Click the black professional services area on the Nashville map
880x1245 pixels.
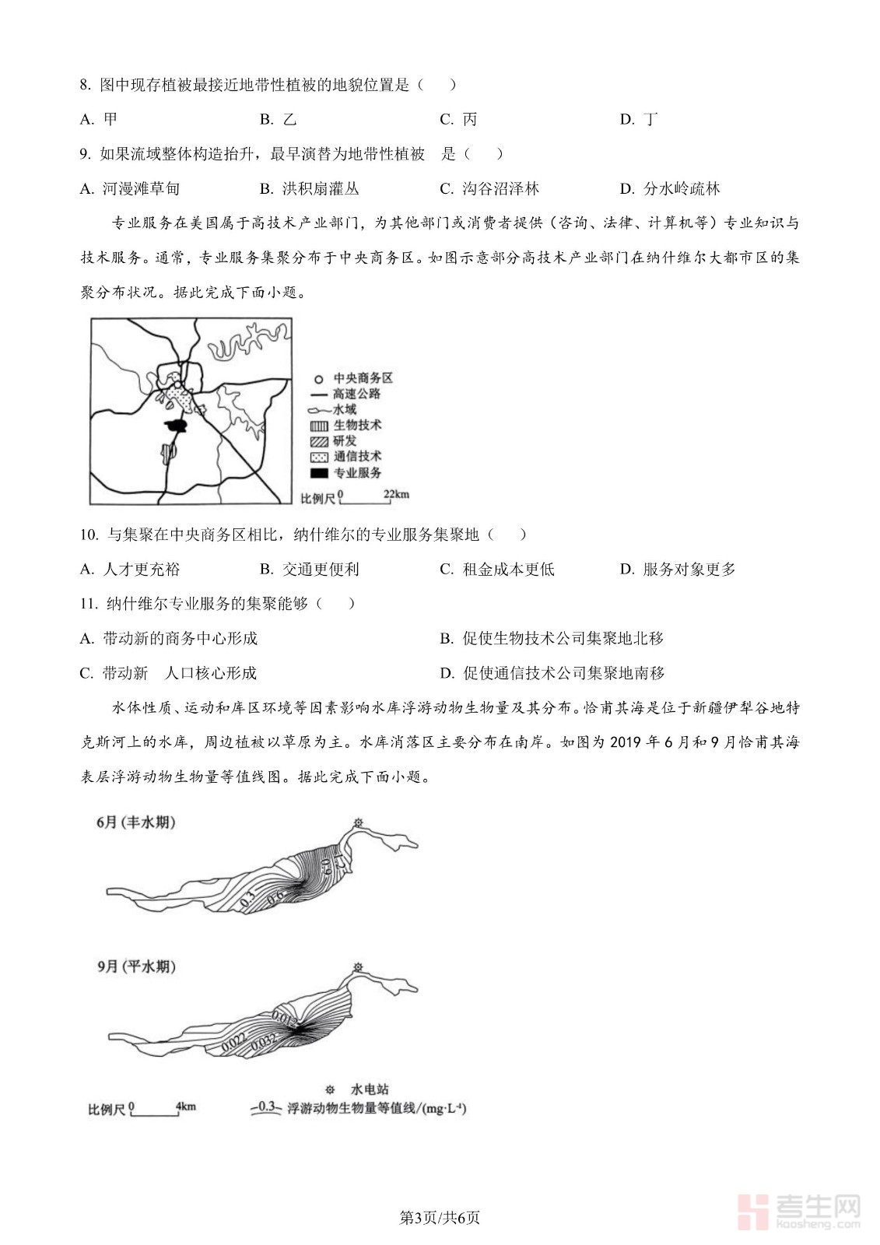tap(177, 426)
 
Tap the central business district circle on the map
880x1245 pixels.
tap(177, 384)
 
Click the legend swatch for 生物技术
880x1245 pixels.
tap(319, 426)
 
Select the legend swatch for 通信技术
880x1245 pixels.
tap(319, 457)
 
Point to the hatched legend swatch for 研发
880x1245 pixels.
tap(319, 441)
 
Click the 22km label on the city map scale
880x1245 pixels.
tap(396, 495)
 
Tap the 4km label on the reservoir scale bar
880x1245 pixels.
tap(186, 1106)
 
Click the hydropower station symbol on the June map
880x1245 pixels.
tap(358, 822)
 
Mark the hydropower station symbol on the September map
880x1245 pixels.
tap(358, 967)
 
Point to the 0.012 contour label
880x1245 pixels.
tap(285, 1018)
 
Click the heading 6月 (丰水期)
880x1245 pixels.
tap(136, 822)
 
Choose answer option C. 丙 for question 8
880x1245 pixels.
tap(458, 119)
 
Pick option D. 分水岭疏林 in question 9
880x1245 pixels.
tap(670, 188)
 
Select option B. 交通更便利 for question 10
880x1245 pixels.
tap(310, 569)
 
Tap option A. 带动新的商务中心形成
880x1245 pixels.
tap(169, 638)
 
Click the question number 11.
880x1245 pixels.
tap(88, 604)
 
